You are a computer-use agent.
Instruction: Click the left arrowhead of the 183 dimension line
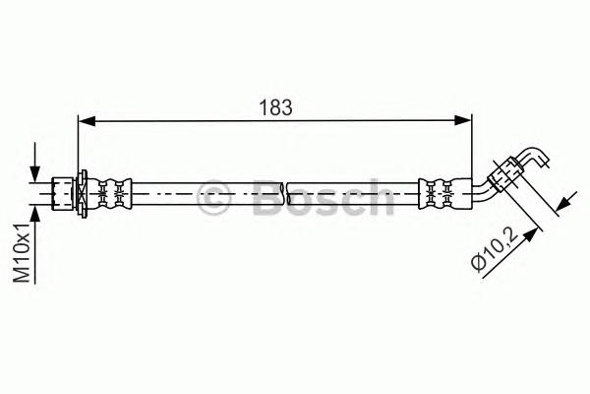coord(85,121)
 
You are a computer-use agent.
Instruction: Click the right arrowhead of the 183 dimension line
coord(465,121)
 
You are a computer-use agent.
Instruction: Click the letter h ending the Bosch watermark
coord(378,197)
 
